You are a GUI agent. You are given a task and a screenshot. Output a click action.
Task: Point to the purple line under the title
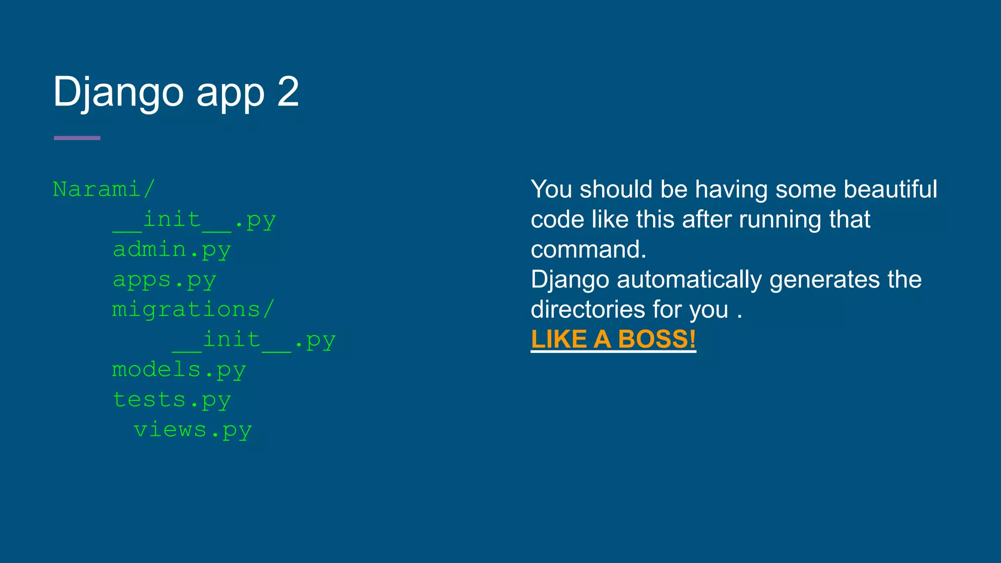click(77, 138)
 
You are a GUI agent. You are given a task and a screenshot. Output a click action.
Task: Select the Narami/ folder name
click(104, 189)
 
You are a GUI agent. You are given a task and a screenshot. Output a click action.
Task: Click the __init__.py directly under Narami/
click(194, 220)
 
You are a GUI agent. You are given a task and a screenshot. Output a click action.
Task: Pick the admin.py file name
click(172, 250)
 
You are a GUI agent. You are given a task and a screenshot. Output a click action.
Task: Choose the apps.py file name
click(164, 280)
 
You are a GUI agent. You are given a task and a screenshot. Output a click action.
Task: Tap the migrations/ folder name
click(193, 310)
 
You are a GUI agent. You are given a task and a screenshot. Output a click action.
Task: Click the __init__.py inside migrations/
click(254, 340)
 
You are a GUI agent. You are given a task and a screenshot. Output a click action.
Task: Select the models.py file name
click(179, 370)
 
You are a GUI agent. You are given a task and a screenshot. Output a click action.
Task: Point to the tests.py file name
click(172, 400)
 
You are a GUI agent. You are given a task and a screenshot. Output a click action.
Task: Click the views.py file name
click(193, 430)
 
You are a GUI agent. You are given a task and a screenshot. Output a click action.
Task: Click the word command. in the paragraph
click(588, 250)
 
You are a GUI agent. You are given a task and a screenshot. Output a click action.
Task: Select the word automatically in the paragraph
click(689, 280)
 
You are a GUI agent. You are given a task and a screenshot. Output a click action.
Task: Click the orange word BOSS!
click(656, 339)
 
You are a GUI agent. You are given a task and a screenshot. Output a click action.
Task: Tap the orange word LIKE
click(559, 339)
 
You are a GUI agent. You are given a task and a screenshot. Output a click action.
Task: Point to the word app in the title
click(230, 93)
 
